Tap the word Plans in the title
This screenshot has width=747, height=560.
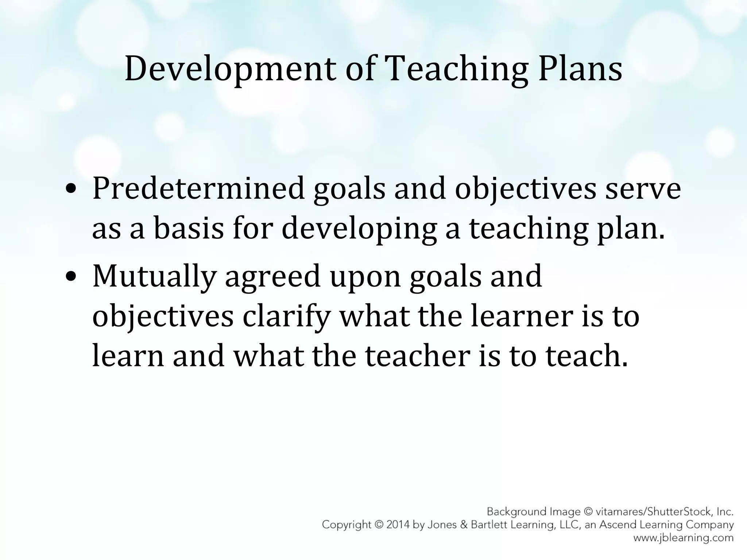[580, 69]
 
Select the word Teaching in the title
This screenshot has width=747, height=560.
[456, 69]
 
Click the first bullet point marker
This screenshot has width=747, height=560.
[71, 189]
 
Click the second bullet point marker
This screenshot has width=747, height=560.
[71, 276]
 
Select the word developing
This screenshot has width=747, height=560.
[359, 229]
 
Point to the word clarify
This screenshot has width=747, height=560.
[286, 316]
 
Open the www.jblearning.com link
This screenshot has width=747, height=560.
[683, 538]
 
